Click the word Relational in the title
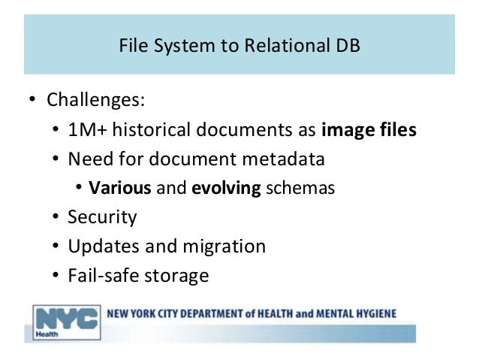click(287, 45)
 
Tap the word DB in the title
click(348, 45)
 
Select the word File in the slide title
click(134, 45)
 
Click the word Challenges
click(95, 100)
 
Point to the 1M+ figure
click(87, 129)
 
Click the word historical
click(152, 129)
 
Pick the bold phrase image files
click(369, 130)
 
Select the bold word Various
click(120, 187)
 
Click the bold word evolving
click(226, 189)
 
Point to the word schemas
click(300, 188)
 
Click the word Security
click(102, 217)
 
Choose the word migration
click(224, 247)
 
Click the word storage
click(176, 276)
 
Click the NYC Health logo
click(67, 322)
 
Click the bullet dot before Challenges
click(32, 99)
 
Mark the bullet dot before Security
click(56, 216)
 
